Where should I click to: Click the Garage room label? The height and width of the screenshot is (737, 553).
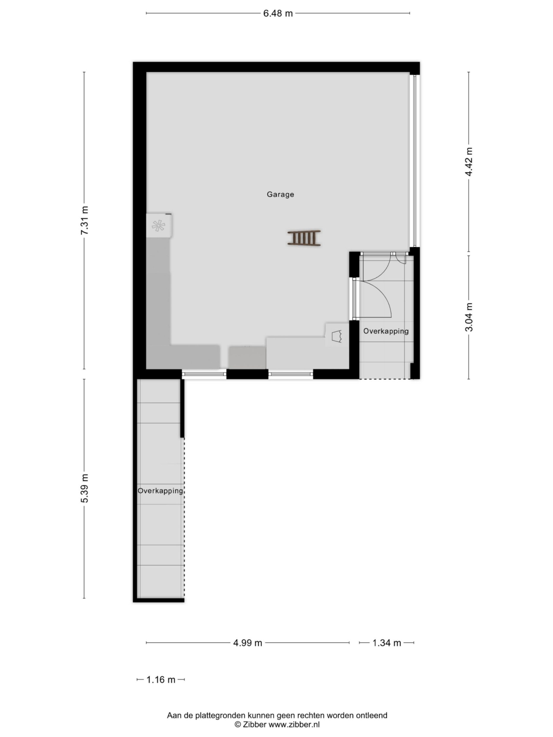(x=280, y=194)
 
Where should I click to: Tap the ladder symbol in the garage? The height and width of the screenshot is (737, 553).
(x=304, y=238)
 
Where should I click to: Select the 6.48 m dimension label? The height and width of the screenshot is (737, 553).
(x=278, y=13)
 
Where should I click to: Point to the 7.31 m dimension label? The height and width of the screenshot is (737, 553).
(x=85, y=220)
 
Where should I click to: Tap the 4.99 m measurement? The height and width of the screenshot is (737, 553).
(x=247, y=643)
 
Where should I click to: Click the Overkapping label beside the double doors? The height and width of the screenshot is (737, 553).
(x=386, y=331)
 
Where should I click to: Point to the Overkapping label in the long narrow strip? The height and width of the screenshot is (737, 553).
(x=160, y=491)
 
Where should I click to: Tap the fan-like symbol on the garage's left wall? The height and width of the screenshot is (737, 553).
(x=158, y=226)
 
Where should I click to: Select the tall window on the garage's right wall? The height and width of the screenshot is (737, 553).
(x=414, y=161)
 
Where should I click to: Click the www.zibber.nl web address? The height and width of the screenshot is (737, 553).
(x=294, y=724)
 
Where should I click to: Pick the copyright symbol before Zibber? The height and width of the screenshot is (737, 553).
(x=238, y=724)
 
